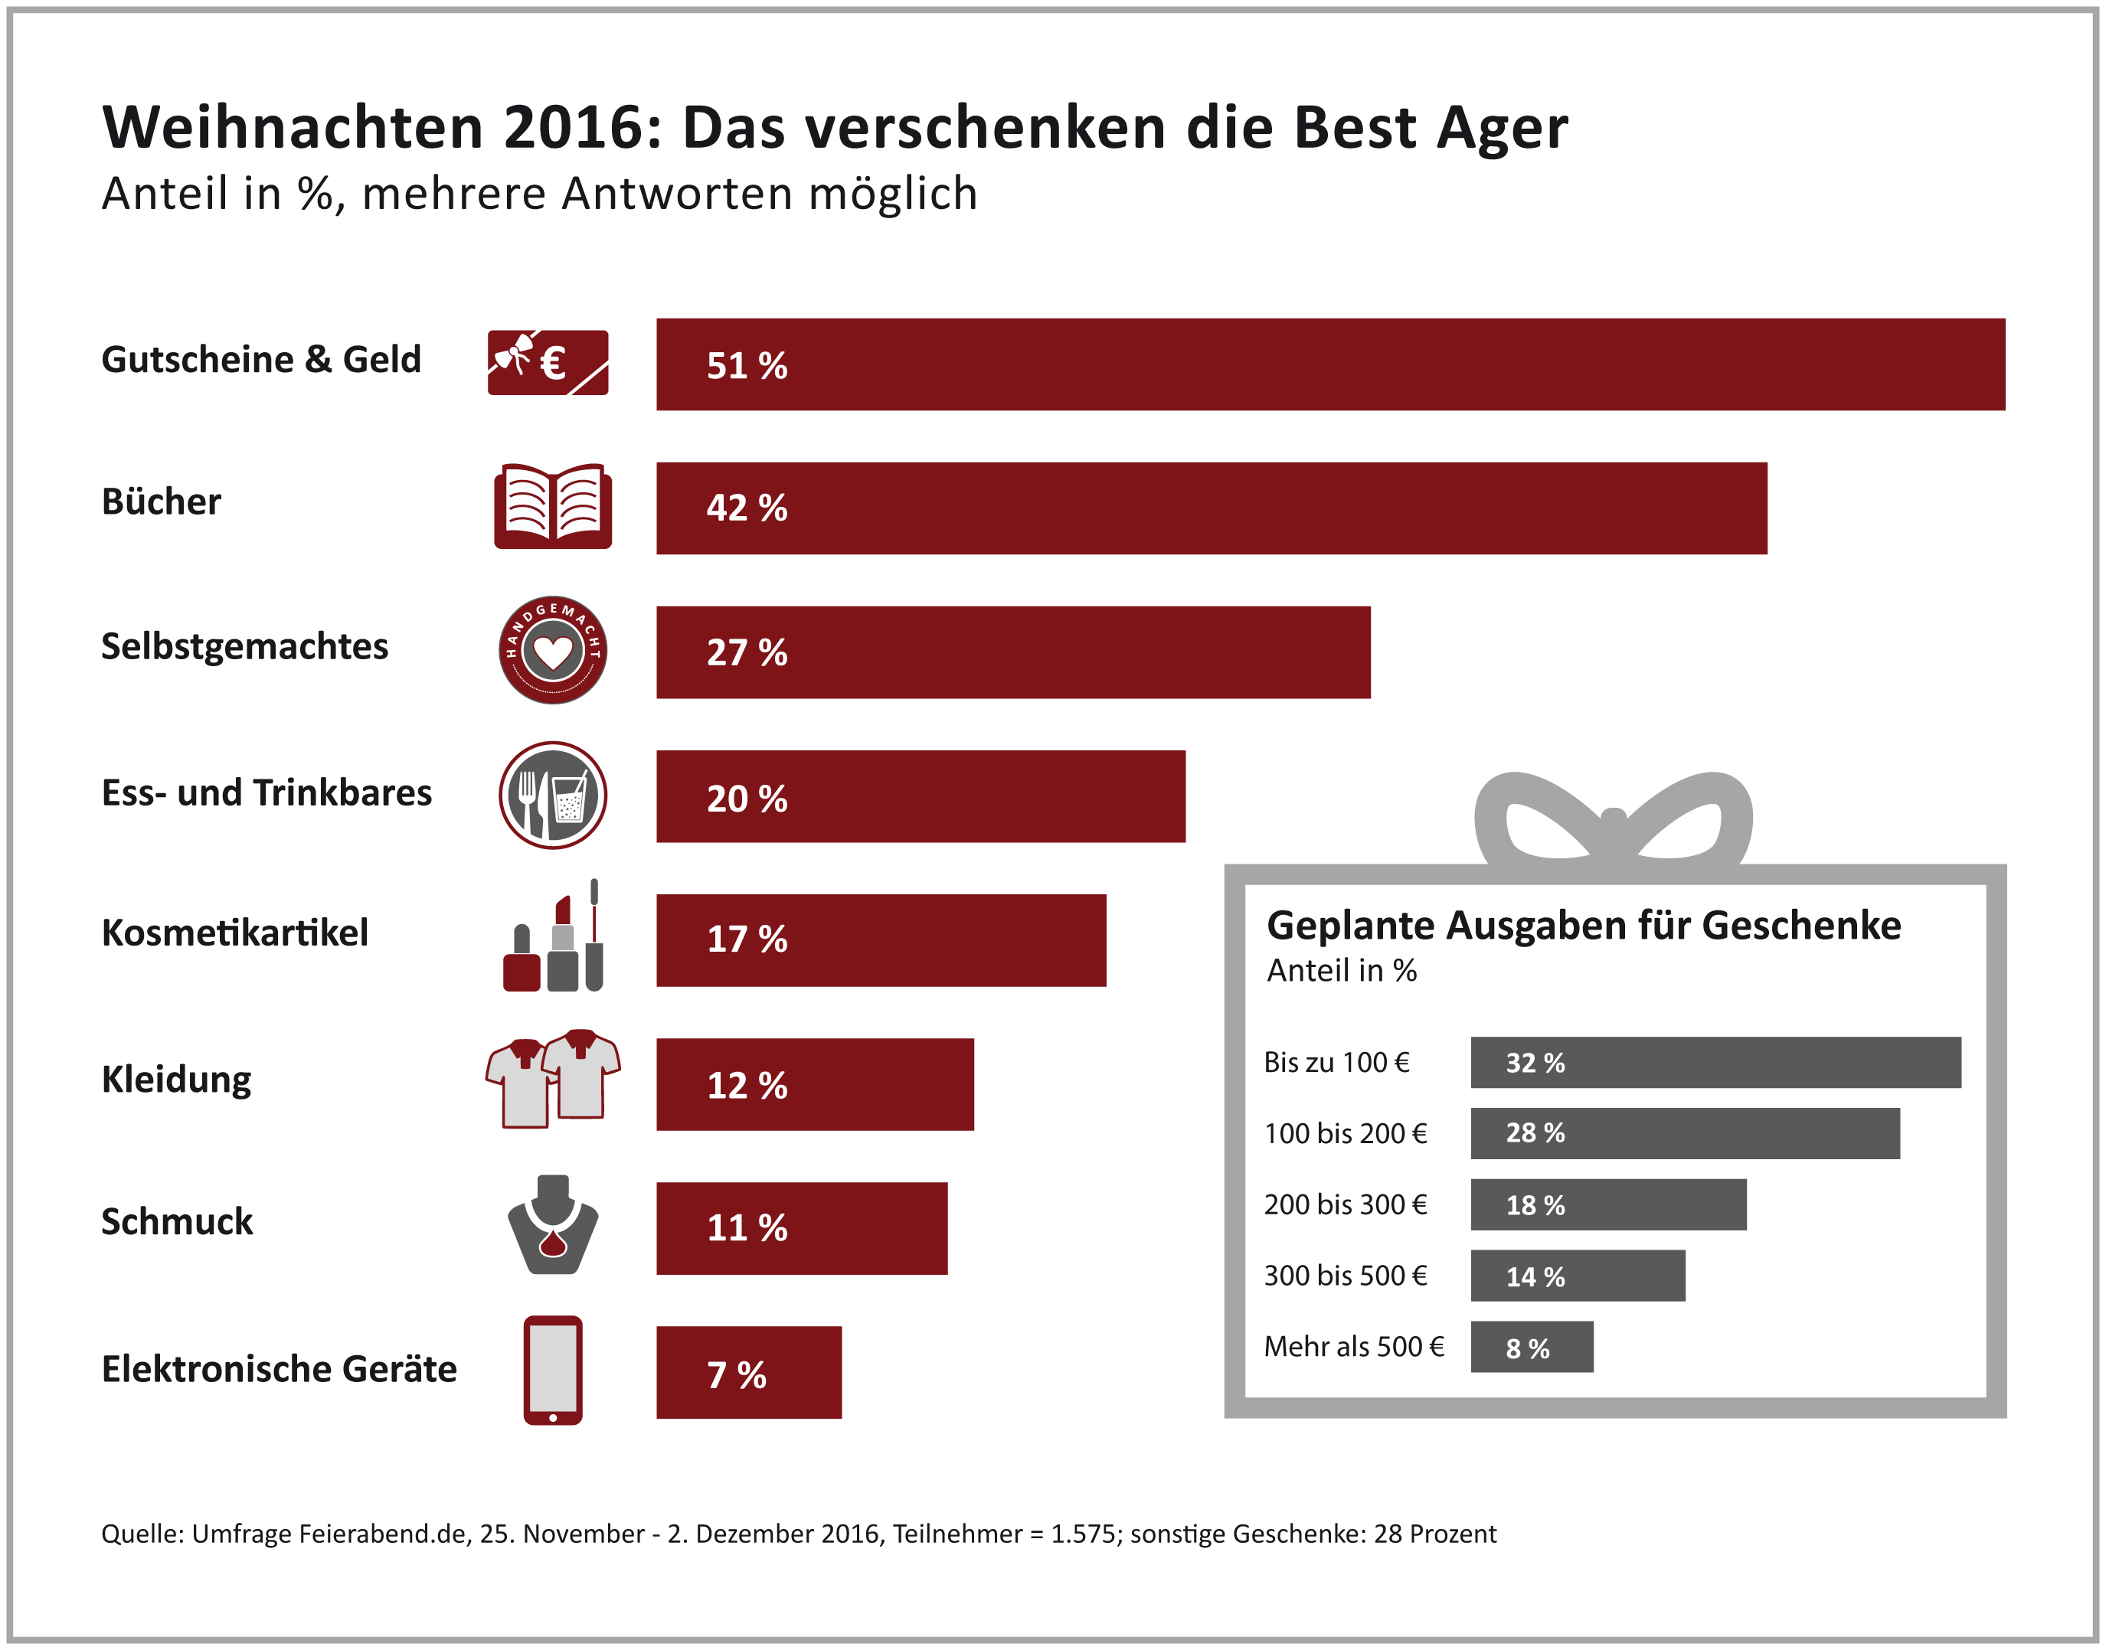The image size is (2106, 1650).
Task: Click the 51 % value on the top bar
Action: tap(747, 365)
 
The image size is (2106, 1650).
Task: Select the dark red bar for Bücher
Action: tap(1212, 508)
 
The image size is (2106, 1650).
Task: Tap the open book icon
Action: tap(553, 506)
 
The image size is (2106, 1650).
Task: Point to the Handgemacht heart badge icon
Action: tap(553, 650)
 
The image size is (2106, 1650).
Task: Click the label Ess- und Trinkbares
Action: tap(267, 793)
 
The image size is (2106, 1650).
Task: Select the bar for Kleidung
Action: tap(814, 1084)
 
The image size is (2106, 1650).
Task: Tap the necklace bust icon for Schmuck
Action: tap(553, 1225)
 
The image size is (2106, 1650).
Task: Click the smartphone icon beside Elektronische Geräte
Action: tap(553, 1370)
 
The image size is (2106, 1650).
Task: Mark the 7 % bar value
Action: tap(736, 1374)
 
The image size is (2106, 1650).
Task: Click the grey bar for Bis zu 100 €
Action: tap(1715, 1063)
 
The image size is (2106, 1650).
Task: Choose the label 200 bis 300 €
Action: tap(1345, 1204)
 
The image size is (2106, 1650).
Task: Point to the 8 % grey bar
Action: tap(1531, 1347)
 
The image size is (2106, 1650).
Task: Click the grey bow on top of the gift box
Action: tap(1614, 821)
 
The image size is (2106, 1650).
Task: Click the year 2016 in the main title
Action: tap(569, 128)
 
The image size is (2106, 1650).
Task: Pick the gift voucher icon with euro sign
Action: tap(548, 362)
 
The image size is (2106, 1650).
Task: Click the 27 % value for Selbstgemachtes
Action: tap(747, 652)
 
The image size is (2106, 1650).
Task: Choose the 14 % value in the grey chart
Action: tap(1535, 1276)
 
